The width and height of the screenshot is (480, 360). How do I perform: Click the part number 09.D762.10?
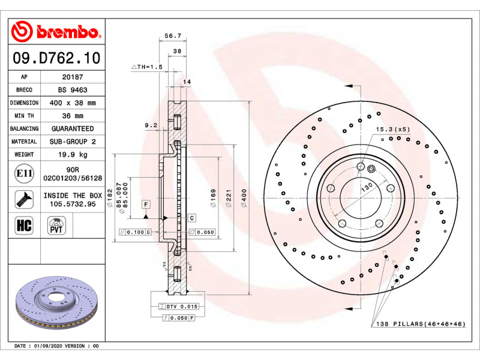[56, 58]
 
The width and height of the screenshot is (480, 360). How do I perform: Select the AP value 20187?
[73, 77]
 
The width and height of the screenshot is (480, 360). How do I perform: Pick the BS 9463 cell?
[73, 89]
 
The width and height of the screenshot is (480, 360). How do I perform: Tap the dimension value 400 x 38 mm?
[73, 103]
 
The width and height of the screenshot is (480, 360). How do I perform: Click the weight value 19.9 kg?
[73, 155]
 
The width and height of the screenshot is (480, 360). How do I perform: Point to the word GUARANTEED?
[73, 128]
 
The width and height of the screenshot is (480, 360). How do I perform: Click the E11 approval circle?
[24, 173]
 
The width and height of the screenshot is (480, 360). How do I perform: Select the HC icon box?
[24, 225]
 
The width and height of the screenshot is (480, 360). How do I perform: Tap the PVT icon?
[56, 226]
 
